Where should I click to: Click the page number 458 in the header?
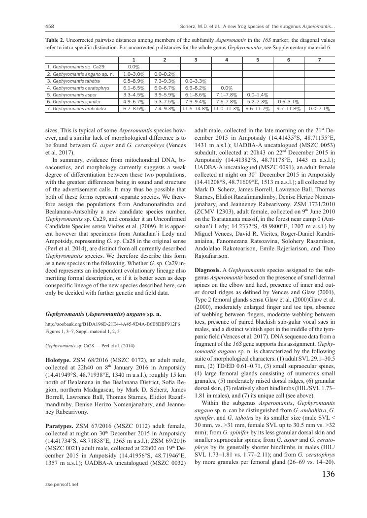tap(49, 26)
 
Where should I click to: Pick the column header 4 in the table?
tap(226, 60)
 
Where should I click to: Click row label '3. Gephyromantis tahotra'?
tap(73, 80)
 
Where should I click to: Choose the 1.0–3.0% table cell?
tap(132, 73)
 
